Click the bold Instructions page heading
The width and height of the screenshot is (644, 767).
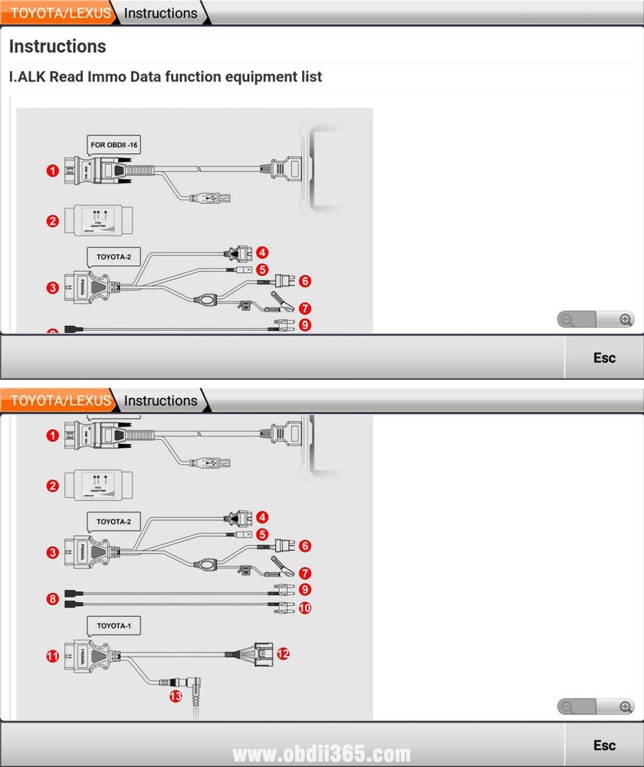point(58,46)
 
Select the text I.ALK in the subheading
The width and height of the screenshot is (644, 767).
point(28,77)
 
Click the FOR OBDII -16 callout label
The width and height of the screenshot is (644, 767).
point(114,143)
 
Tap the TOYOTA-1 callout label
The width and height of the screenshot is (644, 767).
point(113,627)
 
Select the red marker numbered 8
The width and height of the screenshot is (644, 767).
point(52,598)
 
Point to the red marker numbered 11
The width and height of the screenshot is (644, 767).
point(52,656)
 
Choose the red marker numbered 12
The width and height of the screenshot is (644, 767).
point(283,653)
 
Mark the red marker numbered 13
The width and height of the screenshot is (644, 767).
point(176,696)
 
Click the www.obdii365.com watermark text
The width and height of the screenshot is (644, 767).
point(322,754)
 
